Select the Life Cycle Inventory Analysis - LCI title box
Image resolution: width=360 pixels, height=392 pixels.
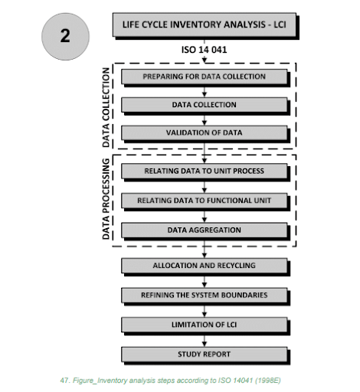[x=203, y=24]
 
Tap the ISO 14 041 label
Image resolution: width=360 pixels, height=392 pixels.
[x=204, y=51]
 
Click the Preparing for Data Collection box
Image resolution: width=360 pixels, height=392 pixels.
[x=204, y=77]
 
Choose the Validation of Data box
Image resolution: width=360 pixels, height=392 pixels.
[x=204, y=132]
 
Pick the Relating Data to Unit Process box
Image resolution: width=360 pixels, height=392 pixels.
[x=204, y=171]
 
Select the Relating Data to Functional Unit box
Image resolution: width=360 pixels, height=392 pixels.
[x=204, y=201]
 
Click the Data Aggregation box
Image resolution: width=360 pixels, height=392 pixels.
[x=204, y=229]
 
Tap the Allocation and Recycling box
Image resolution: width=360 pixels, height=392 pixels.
[x=204, y=266]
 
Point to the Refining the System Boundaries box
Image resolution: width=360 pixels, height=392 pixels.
[x=204, y=295]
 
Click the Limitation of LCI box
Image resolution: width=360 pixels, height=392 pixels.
[x=204, y=325]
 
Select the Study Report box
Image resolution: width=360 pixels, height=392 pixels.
[x=204, y=354]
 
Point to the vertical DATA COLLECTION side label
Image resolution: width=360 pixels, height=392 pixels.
[x=106, y=106]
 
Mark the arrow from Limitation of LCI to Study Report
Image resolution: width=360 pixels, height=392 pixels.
[x=204, y=340]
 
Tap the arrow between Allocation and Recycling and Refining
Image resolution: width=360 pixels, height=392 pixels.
[x=204, y=280]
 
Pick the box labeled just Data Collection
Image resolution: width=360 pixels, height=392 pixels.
[x=204, y=104]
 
